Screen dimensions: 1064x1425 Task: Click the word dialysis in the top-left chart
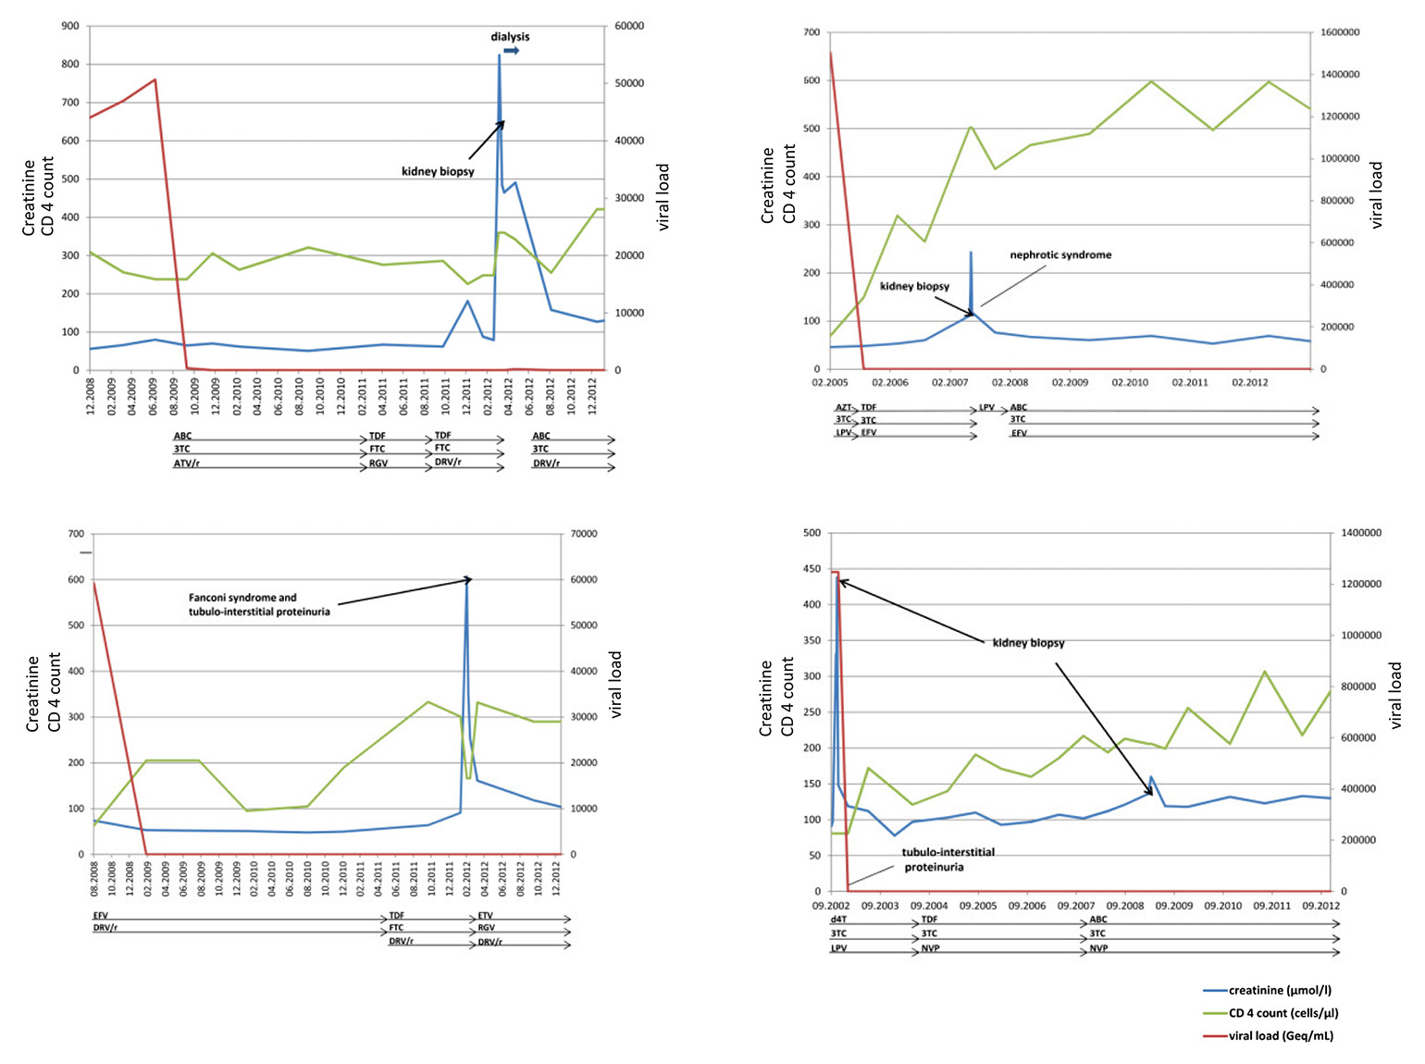[x=510, y=37]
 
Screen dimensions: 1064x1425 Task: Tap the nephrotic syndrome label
[x=1060, y=255]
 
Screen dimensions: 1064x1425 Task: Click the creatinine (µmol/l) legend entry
[x=1280, y=990]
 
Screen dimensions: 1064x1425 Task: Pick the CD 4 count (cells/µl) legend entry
[x=1283, y=1013]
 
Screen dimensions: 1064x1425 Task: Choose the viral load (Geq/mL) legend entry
[x=1281, y=1036]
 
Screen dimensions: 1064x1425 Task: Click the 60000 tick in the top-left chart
[x=629, y=26]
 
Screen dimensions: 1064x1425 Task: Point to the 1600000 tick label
[x=1340, y=32]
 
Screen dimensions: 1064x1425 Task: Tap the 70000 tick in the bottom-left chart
[x=583, y=534]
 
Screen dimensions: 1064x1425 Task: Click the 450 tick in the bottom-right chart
[x=812, y=569]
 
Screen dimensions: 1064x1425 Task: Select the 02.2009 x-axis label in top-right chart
[x=1070, y=382]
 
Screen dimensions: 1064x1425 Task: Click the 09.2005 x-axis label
[x=978, y=906]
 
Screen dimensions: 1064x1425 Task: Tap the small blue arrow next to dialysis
[x=511, y=51]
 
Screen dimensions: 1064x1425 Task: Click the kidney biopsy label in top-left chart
[x=438, y=171]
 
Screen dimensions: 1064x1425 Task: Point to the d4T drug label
[x=838, y=920]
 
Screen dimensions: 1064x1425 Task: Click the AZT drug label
[x=843, y=407]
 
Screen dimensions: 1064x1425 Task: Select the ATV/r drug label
[x=187, y=464]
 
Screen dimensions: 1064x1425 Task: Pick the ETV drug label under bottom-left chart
[x=486, y=916]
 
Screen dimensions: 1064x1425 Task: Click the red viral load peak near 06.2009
[x=155, y=80]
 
